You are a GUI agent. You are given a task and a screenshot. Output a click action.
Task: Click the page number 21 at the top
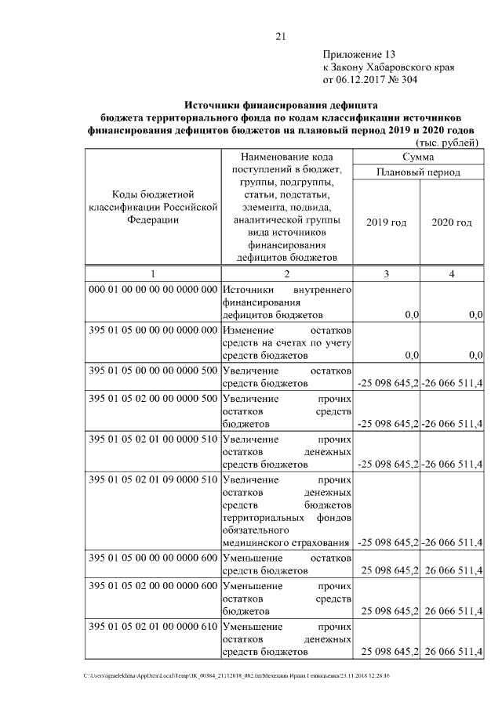282,35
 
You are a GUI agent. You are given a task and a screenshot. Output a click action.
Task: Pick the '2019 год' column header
386,222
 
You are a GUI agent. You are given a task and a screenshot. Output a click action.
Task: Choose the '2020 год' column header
452,222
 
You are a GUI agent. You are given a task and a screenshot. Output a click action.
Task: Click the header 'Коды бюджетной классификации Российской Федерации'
153,207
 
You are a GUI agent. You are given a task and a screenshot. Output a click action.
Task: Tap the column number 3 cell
386,273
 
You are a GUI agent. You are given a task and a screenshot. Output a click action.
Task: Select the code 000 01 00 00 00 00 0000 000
153,289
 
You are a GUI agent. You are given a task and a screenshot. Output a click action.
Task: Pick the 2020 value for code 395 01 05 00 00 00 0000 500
453,383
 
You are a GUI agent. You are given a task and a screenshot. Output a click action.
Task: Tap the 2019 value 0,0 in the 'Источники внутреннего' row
410,315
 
